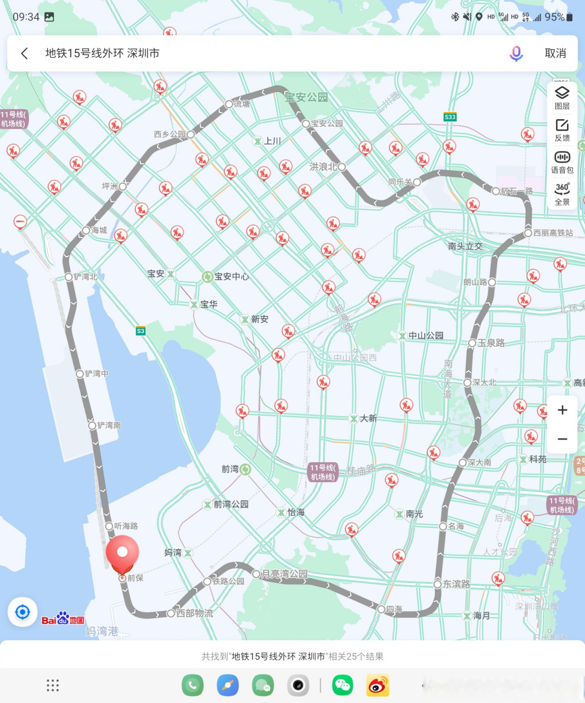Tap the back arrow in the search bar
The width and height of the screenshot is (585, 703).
pyautogui.click(x=25, y=53)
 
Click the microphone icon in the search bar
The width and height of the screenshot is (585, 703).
pyautogui.click(x=516, y=53)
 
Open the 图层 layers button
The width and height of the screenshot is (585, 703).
pyautogui.click(x=562, y=98)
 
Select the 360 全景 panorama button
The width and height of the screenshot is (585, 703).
pyautogui.click(x=562, y=194)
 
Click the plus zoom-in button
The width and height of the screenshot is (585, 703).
pyautogui.click(x=562, y=410)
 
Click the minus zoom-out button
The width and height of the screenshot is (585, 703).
pyautogui.click(x=562, y=439)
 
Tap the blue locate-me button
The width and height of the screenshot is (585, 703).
pyautogui.click(x=22, y=612)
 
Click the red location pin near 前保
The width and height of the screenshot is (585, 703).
pyautogui.click(x=122, y=554)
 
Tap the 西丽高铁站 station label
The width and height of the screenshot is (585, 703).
pyautogui.click(x=553, y=233)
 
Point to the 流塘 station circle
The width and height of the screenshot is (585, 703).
pyautogui.click(x=229, y=104)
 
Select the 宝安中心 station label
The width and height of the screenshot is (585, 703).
pyautogui.click(x=231, y=277)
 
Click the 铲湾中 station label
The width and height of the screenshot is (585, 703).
pyautogui.click(x=97, y=373)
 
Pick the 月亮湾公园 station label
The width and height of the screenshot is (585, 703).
pyautogui.click(x=284, y=574)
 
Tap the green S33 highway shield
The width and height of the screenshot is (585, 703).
pyautogui.click(x=450, y=117)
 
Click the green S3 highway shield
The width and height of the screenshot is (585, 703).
pyautogui.click(x=140, y=331)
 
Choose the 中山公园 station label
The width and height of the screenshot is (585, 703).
pyautogui.click(x=425, y=336)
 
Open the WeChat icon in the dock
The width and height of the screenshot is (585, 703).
pyautogui.click(x=342, y=685)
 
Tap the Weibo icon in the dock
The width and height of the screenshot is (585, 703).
pyautogui.click(x=378, y=685)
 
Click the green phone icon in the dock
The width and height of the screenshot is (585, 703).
pyautogui.click(x=193, y=685)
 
